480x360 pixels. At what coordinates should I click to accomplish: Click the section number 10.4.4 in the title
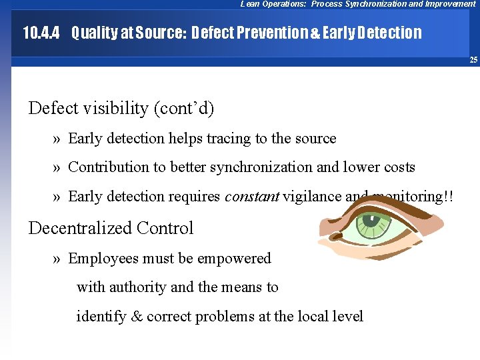pos(41,32)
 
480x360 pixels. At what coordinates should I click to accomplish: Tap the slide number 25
pos(473,60)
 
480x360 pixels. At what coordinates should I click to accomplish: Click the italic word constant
pos(251,197)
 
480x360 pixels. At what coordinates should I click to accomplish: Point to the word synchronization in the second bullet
pos(261,167)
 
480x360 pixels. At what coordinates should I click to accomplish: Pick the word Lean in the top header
pos(250,4)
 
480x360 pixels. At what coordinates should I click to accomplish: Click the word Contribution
pos(109,167)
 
